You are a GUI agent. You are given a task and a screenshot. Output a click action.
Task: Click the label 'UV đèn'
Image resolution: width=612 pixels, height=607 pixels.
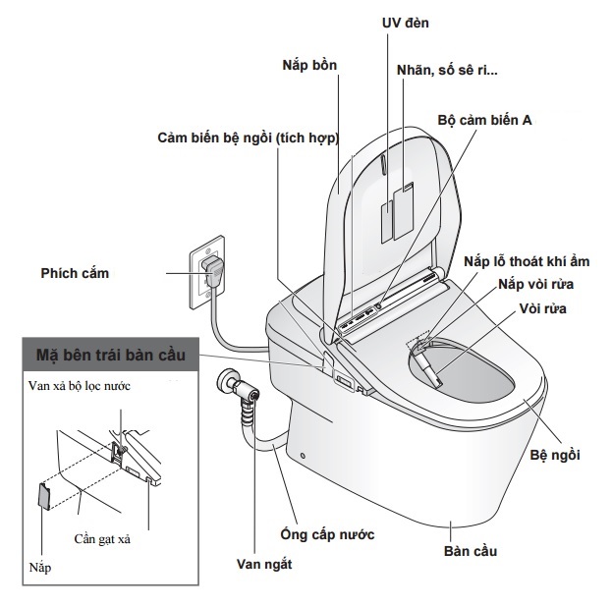[403, 22]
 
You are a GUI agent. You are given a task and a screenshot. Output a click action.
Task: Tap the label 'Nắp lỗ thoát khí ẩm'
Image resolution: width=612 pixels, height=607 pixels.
[530, 261]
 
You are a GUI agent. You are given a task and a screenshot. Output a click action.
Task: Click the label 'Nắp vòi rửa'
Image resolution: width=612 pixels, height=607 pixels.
[535, 285]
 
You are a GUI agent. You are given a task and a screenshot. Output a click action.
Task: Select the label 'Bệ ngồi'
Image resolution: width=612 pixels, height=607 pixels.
[555, 454]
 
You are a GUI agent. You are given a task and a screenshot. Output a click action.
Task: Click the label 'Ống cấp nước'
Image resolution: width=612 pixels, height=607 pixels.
[327, 534]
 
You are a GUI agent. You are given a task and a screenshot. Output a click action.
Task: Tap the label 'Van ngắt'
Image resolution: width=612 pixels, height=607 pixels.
[264, 565]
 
